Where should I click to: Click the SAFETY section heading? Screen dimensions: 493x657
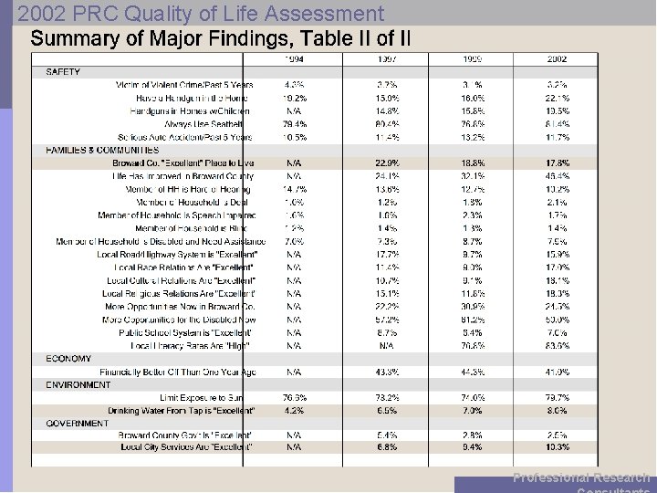click(x=63, y=71)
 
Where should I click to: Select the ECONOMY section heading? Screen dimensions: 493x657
click(x=69, y=359)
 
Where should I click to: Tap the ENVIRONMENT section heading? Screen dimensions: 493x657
click(x=78, y=385)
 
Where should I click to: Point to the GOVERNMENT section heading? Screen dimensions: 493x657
click(x=77, y=424)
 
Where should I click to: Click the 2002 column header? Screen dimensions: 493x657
click(x=557, y=58)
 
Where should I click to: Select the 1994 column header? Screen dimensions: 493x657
click(x=295, y=58)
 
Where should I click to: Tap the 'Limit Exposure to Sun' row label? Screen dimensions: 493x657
click(x=202, y=398)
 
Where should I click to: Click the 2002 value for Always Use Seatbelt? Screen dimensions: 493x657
click(x=557, y=123)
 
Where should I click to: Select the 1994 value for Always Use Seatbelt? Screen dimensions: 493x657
click(x=295, y=123)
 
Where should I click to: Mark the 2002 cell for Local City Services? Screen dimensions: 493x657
click(x=557, y=446)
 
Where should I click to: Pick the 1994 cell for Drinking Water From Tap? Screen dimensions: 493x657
click(x=295, y=411)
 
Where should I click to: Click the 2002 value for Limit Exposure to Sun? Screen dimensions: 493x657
click(x=557, y=398)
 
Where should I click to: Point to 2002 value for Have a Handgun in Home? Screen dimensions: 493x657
click(x=557, y=98)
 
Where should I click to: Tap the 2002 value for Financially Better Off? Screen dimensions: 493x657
click(x=557, y=372)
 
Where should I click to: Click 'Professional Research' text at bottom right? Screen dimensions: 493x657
click(x=581, y=477)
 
